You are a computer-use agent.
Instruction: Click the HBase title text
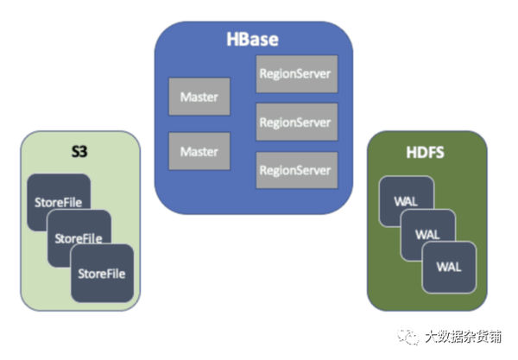pos(253,40)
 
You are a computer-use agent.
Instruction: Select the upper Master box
pos(199,98)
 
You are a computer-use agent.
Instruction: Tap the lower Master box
pos(199,152)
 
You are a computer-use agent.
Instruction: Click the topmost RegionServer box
pos(294,74)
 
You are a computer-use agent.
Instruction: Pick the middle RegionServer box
pos(294,122)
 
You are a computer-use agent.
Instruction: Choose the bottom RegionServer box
pos(294,169)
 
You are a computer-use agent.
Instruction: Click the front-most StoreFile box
pos(102,273)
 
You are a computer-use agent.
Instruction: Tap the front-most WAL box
pos(449,264)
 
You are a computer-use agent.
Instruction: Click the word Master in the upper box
pos(199,98)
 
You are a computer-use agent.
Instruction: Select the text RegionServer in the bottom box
pos(294,169)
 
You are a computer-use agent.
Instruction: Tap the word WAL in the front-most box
pos(449,264)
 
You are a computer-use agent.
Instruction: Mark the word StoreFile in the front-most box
pos(102,274)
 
